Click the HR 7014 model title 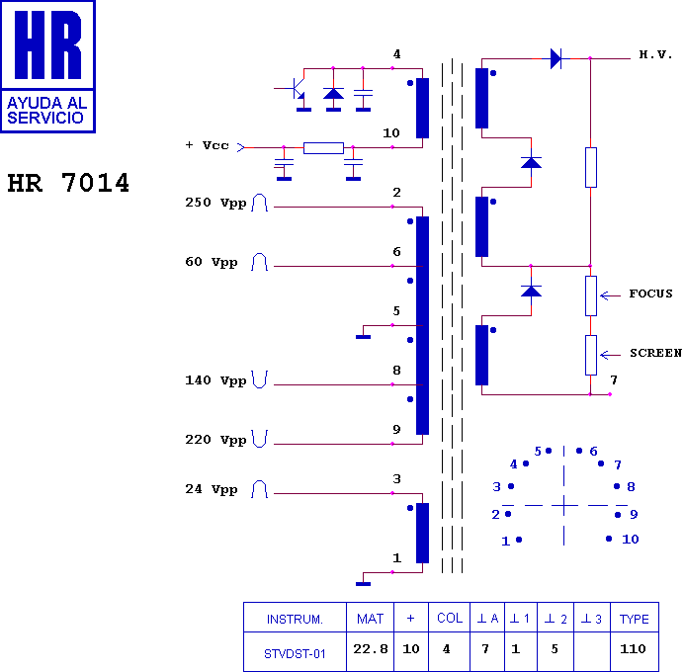tap(68, 183)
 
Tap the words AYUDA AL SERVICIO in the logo tap(47, 111)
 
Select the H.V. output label tap(655, 54)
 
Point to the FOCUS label tap(650, 294)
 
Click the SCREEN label tap(655, 353)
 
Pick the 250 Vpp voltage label tap(215, 203)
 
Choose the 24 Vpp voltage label tap(212, 489)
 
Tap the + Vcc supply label tap(208, 145)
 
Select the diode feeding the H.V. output tap(556, 58)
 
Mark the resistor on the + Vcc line tap(323, 148)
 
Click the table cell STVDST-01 tap(295, 653)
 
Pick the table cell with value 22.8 tap(371, 649)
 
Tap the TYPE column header tap(635, 619)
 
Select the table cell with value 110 tap(633, 649)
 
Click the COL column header tap(450, 619)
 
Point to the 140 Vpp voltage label tap(215, 380)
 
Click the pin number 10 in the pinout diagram tap(631, 539)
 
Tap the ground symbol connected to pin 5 tap(364, 337)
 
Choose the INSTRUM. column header tap(295, 620)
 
